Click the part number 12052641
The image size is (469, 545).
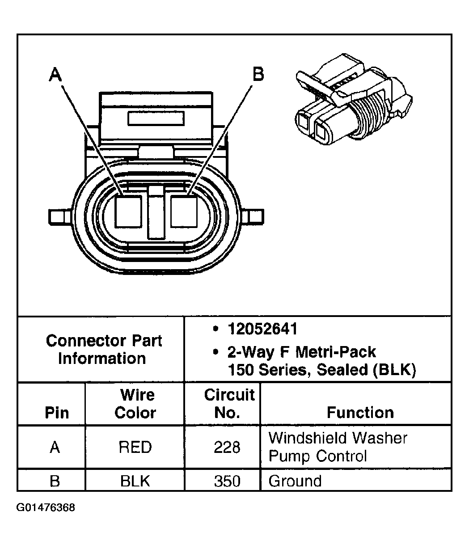(x=262, y=330)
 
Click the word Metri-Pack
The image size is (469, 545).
(x=336, y=352)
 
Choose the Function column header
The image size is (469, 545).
(x=360, y=412)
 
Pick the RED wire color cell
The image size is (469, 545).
(x=135, y=447)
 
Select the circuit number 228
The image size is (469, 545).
(x=227, y=447)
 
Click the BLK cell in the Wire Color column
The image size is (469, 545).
(x=135, y=481)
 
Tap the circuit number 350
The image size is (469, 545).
(x=227, y=481)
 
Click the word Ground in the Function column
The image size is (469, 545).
(x=295, y=481)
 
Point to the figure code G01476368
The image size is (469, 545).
(x=46, y=508)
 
